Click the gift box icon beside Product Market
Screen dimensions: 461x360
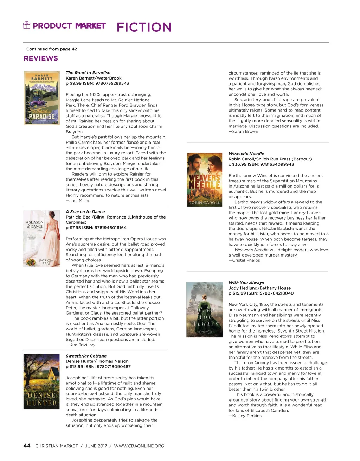[27, 25]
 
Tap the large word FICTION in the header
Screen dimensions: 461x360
[144, 27]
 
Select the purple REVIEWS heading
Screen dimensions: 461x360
[41, 58]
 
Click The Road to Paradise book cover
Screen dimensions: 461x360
[41, 98]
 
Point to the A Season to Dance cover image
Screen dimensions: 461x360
[41, 239]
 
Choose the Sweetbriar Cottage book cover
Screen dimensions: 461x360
[41, 382]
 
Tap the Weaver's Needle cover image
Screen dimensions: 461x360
[204, 179]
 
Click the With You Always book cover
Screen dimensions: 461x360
[204, 310]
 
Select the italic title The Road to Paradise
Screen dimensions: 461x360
[88, 73]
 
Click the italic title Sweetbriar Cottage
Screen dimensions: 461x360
[86, 356]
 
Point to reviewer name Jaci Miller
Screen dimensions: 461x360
[79, 201]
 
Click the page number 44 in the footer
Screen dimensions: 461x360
[27, 446]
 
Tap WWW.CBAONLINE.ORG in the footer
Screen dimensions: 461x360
[139, 446]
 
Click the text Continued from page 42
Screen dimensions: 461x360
[52, 49]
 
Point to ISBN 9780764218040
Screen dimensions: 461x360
[276, 293]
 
